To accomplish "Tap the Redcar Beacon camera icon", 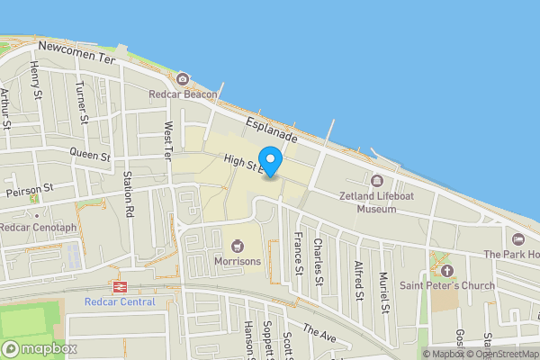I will [x=183, y=79].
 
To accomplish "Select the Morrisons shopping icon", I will [x=238, y=245].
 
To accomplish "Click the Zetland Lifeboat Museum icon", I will [x=377, y=179].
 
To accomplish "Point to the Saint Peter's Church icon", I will [x=447, y=270].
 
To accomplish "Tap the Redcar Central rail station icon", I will [x=118, y=286].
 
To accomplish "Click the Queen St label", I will [x=89, y=156].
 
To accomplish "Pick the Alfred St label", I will [x=359, y=278].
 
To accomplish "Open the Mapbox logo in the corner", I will [x=39, y=348].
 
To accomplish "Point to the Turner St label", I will [x=81, y=101].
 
